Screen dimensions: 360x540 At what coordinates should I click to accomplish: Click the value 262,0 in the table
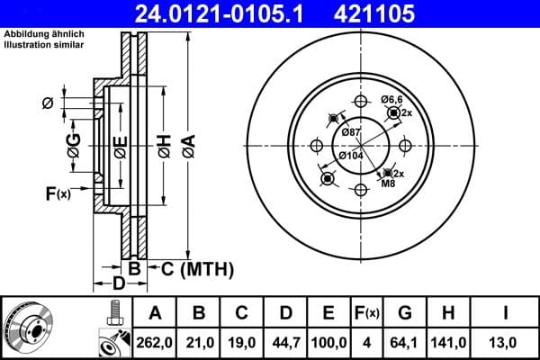155,341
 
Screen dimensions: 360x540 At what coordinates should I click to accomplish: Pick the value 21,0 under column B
200,341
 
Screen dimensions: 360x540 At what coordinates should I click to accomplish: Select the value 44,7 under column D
286,341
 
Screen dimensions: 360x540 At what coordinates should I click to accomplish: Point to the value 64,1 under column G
405,341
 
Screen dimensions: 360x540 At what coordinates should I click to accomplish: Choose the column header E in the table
328,312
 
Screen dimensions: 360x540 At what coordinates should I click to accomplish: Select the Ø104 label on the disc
351,154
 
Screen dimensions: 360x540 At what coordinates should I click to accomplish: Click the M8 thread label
388,184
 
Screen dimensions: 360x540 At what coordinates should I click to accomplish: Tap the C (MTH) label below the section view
191,269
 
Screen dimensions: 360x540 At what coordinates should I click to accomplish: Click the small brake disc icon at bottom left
27,328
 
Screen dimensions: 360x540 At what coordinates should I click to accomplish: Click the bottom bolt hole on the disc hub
360,189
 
